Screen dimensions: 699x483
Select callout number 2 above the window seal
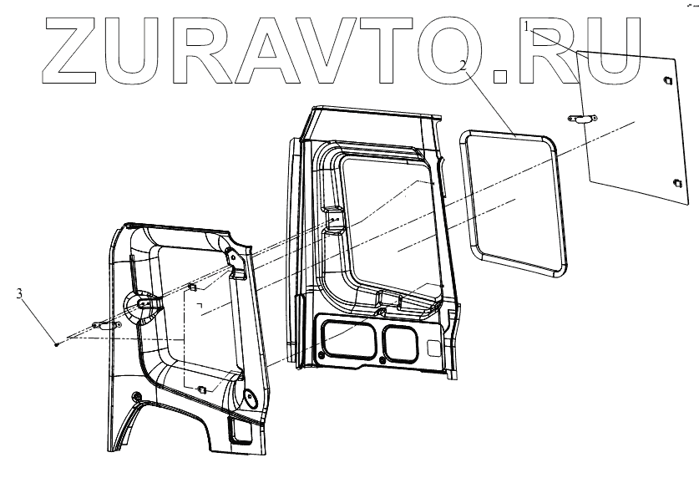click(x=462, y=64)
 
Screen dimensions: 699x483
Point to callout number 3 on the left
click(x=18, y=292)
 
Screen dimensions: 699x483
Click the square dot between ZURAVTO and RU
click(x=500, y=76)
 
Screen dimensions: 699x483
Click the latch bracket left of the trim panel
click(x=103, y=324)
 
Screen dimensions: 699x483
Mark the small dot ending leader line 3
click(x=55, y=343)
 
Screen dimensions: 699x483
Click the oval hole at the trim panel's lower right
click(x=248, y=399)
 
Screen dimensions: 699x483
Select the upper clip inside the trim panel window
click(x=192, y=287)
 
